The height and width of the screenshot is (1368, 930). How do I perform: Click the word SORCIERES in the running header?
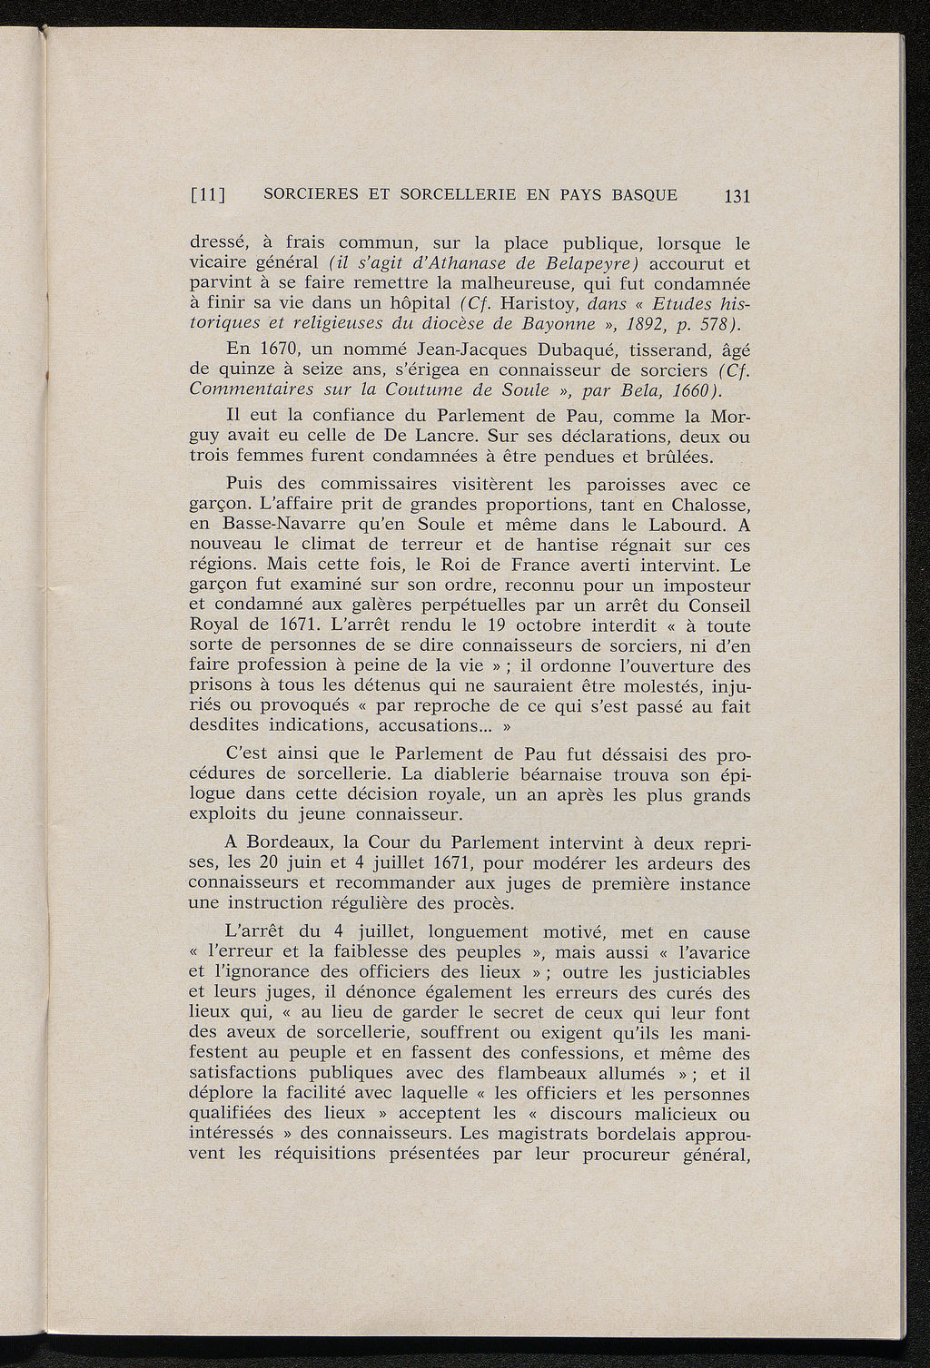pos(306,194)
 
